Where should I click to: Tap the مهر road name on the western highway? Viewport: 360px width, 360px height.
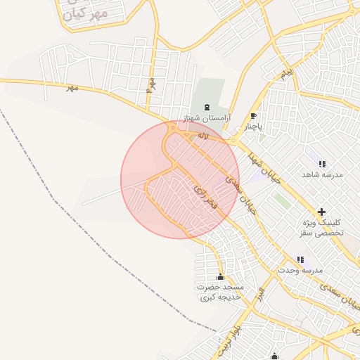(x=71, y=88)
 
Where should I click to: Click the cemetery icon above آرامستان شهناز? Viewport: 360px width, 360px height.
(x=206, y=107)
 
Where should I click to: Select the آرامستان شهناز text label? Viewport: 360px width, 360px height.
(x=206, y=117)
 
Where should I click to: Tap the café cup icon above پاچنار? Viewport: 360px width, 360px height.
(x=253, y=116)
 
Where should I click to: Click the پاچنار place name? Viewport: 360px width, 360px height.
(x=253, y=127)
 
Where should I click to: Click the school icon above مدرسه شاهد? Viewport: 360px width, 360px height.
(x=322, y=164)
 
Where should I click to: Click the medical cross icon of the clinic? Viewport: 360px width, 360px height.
(x=322, y=212)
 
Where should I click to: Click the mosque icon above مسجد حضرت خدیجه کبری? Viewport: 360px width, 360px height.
(x=221, y=277)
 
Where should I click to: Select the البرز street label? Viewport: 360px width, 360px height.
(x=261, y=291)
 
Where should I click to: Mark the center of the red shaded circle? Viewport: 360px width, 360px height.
(x=180, y=179)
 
